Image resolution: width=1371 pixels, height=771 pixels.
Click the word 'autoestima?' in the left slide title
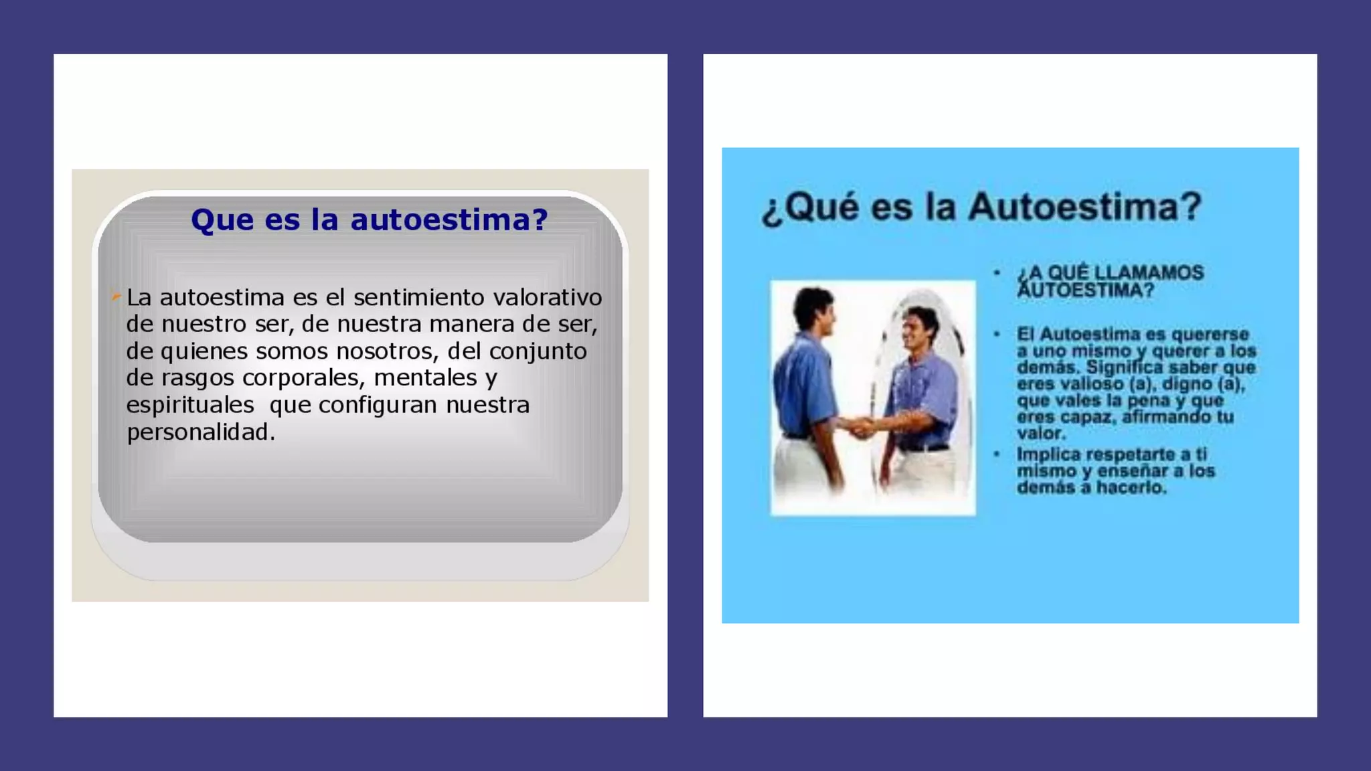point(449,220)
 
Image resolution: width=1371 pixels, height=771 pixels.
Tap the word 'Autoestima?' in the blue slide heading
point(1085,206)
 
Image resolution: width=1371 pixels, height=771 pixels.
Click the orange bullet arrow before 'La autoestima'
point(116,295)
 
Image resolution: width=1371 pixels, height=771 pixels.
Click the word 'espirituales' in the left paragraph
point(190,406)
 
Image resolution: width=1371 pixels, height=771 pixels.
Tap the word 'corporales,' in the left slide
point(303,378)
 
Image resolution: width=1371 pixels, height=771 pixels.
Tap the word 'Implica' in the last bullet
point(1048,454)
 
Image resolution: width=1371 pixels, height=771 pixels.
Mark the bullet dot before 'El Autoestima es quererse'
point(997,334)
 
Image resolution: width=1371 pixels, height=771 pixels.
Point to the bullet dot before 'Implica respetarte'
point(997,454)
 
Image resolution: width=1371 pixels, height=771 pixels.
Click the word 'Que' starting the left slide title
point(217,220)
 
